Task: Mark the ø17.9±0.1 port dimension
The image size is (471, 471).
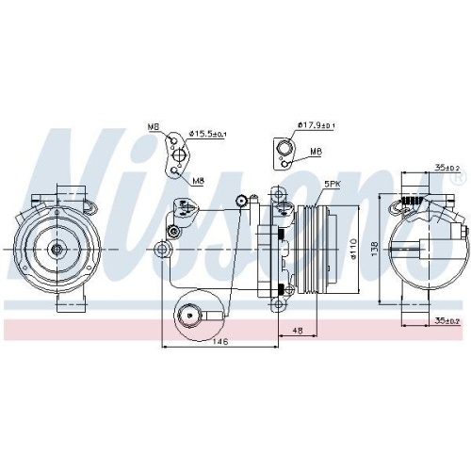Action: pyautogui.click(x=316, y=124)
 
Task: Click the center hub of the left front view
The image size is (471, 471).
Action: pyautogui.click(x=57, y=249)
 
